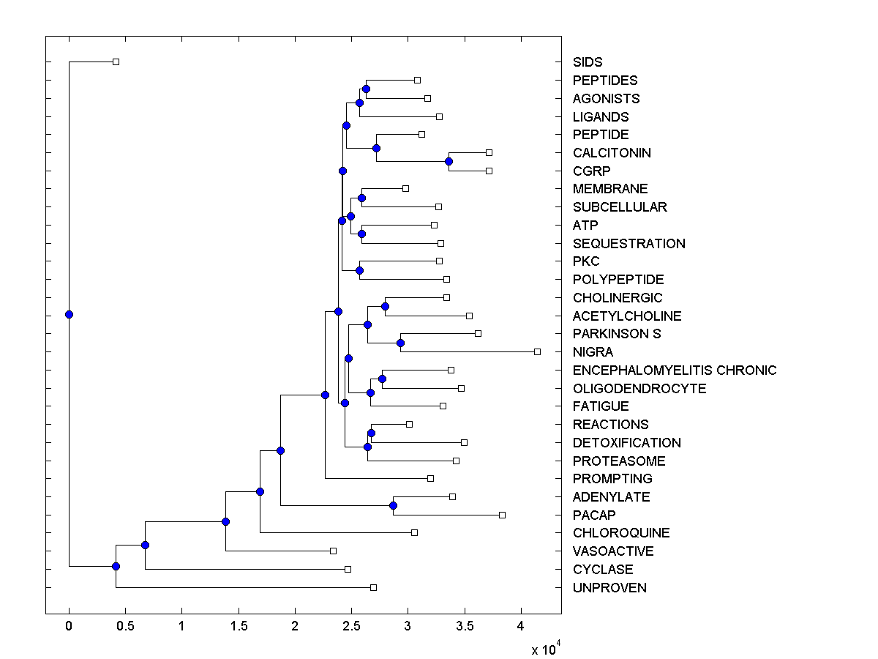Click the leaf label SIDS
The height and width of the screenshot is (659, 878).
pyautogui.click(x=588, y=62)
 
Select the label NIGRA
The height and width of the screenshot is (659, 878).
pyautogui.click(x=593, y=352)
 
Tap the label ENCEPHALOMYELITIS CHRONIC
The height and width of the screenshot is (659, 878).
pyautogui.click(x=675, y=371)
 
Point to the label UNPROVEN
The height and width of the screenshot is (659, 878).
pyautogui.click(x=609, y=588)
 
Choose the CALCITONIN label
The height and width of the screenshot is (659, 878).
pyautogui.click(x=612, y=153)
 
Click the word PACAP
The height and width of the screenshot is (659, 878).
pyautogui.click(x=594, y=515)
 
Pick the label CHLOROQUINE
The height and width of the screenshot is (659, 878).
pyautogui.click(x=621, y=533)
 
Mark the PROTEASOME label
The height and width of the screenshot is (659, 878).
pyautogui.click(x=619, y=461)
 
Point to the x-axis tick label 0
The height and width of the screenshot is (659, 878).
pyautogui.click(x=69, y=626)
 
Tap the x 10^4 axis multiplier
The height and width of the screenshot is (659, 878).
pyautogui.click(x=546, y=649)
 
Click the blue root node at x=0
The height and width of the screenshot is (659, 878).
pyautogui.click(x=69, y=314)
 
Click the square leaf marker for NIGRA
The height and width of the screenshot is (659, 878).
pyautogui.click(x=537, y=352)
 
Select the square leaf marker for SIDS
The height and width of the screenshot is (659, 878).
pyautogui.click(x=116, y=62)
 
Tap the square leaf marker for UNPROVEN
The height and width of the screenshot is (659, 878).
pyautogui.click(x=373, y=587)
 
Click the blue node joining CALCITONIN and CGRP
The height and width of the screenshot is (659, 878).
pyautogui.click(x=449, y=162)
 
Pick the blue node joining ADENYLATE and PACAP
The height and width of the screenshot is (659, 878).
pyautogui.click(x=393, y=505)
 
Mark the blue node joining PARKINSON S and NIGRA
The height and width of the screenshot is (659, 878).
pyautogui.click(x=400, y=343)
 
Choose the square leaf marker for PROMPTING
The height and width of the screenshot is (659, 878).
pyautogui.click(x=430, y=478)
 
